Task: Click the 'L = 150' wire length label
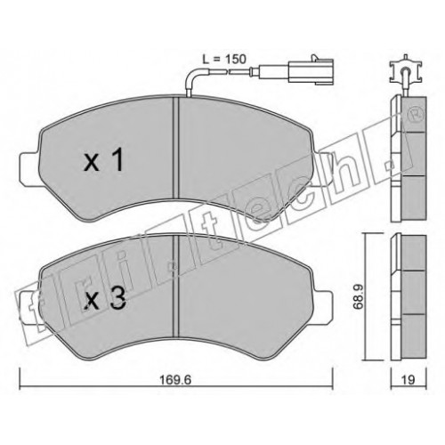(224, 59)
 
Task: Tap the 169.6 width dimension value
(175, 380)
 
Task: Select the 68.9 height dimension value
(359, 297)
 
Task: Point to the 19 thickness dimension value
(409, 380)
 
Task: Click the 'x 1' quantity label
(103, 160)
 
